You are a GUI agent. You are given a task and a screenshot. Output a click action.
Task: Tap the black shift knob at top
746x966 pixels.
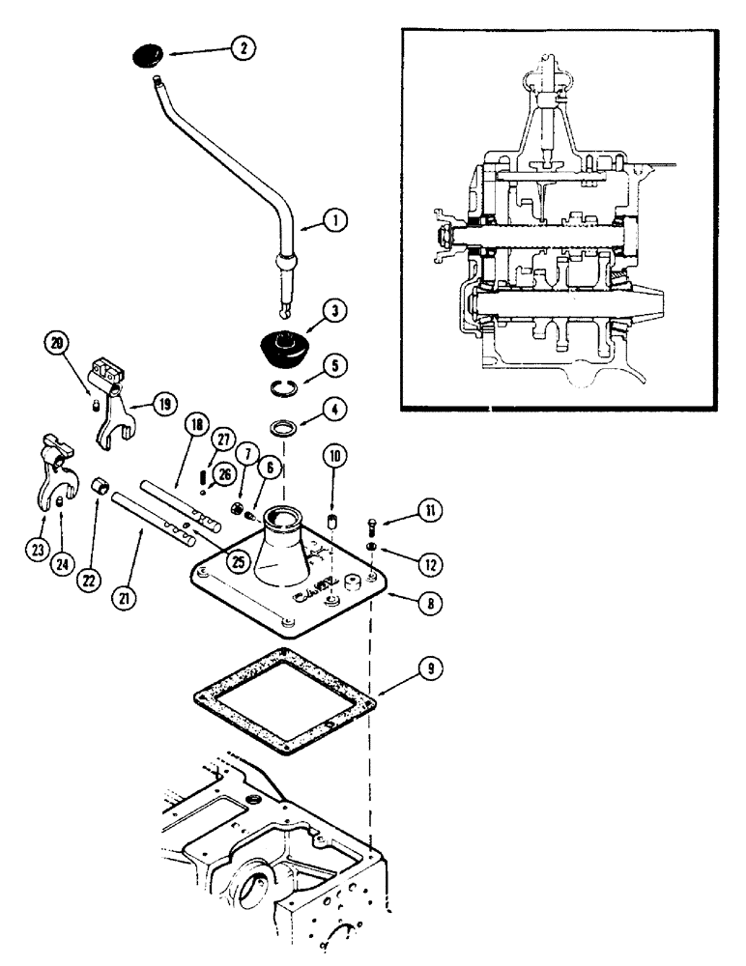(x=150, y=56)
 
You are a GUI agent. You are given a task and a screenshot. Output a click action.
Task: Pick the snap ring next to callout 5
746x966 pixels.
(x=280, y=389)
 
